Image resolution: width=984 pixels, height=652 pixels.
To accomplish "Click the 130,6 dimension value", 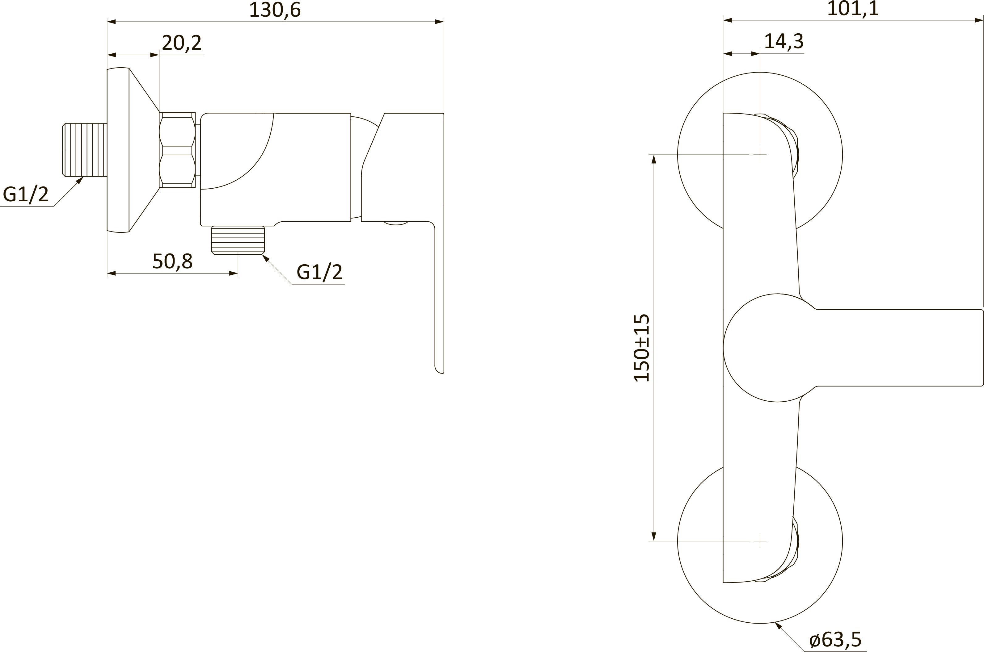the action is point(275,10).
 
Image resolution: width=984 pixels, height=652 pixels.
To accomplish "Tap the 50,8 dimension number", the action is point(173,261).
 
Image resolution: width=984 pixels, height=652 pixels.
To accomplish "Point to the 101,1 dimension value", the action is point(853,9).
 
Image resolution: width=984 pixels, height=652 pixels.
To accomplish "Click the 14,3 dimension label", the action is point(784,41).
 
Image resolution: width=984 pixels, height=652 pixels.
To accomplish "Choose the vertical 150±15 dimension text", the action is point(641,348).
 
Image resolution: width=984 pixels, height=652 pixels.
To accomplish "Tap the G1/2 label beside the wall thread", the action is point(26,194).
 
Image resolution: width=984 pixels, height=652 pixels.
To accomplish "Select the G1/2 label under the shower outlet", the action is point(319,272).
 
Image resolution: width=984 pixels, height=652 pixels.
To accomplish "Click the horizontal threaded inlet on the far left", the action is point(84,150).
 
